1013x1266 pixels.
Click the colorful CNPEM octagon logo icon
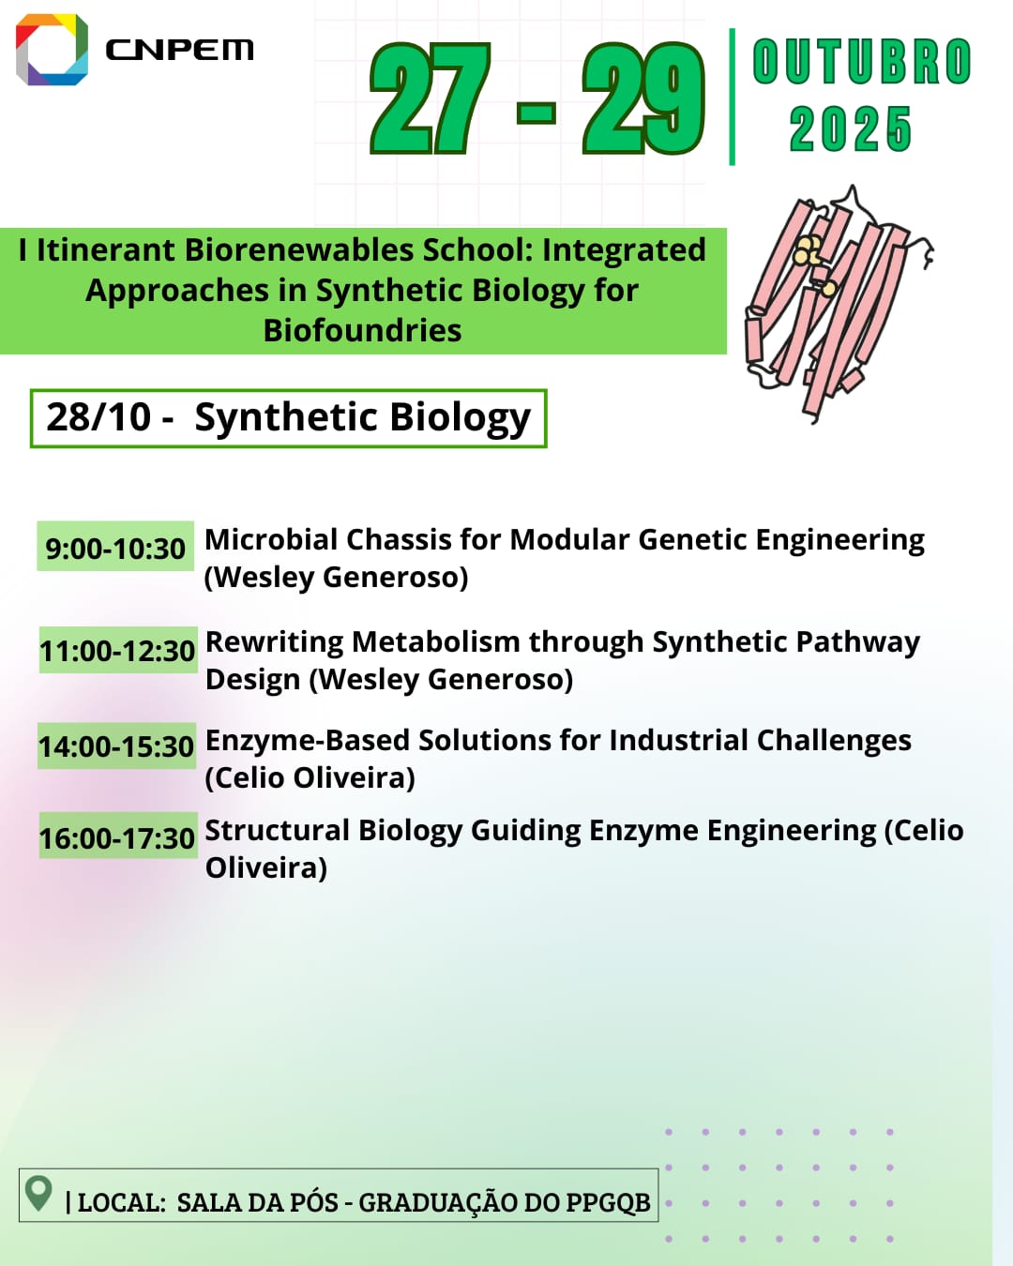(52, 50)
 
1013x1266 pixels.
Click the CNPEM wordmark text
(179, 50)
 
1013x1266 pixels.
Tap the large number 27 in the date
(430, 98)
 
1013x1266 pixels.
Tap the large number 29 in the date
(643, 98)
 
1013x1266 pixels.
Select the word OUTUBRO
(862, 61)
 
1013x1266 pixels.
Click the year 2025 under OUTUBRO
(851, 128)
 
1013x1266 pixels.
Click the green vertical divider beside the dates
(733, 98)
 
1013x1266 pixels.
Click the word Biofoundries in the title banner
(362, 330)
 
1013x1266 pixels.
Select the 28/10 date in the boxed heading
(98, 417)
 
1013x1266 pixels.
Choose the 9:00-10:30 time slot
(115, 549)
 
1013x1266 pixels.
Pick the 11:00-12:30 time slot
(117, 651)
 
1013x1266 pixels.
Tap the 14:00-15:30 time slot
(116, 746)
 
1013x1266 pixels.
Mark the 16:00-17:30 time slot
(117, 836)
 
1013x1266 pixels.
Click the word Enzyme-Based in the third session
(308, 741)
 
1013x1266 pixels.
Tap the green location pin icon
(38, 1194)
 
